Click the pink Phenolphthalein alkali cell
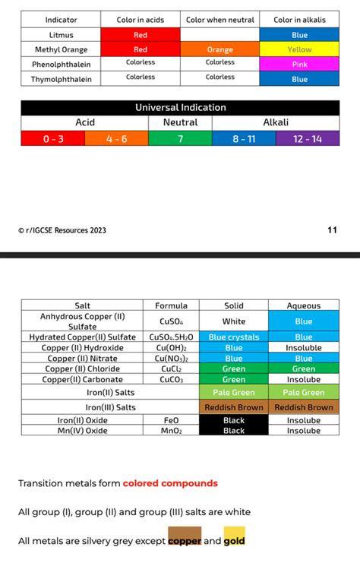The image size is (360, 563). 299,64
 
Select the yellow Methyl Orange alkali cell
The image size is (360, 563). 299,49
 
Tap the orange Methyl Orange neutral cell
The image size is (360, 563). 220,49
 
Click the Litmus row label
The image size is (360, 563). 61,35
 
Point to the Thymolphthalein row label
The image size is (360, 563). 61,78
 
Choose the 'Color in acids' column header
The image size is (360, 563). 141,20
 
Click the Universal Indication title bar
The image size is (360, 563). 180,108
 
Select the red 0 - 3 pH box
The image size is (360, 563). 52,138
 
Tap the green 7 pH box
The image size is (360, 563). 180,138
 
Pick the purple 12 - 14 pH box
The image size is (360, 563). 308,138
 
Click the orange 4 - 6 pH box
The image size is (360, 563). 116,138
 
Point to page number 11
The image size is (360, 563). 332,229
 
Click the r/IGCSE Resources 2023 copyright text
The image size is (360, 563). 64,229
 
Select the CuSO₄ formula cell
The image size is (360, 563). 171,321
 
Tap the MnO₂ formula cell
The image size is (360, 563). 171,431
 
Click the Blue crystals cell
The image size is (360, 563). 234,337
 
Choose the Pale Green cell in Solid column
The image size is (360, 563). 234,393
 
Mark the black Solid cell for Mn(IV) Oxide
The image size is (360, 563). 234,431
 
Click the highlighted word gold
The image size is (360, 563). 234,541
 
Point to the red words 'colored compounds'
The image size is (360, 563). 170,483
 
